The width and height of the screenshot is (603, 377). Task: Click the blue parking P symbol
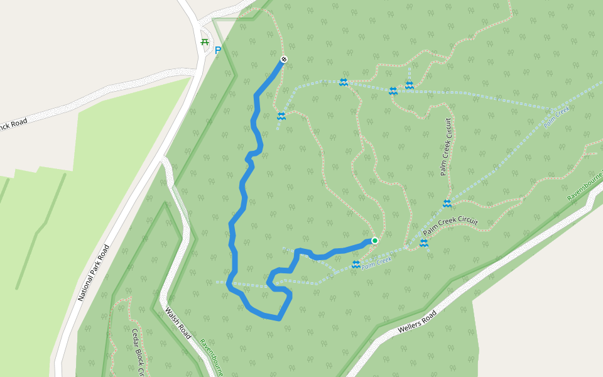point(218,50)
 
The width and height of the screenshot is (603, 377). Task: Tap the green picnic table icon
point(204,42)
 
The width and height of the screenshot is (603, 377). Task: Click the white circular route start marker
point(284,59)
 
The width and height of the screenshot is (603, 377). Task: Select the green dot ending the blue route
point(375,241)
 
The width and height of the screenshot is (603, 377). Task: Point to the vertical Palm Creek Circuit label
point(446,146)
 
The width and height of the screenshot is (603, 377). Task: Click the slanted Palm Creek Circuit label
point(450,227)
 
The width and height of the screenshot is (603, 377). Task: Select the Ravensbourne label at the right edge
point(584,189)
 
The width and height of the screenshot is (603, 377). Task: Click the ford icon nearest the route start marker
point(281,116)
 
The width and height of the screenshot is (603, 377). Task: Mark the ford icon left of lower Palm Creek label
point(356,265)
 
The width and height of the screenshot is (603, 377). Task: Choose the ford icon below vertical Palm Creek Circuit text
point(447,204)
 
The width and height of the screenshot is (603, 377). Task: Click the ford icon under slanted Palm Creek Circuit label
point(424,243)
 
